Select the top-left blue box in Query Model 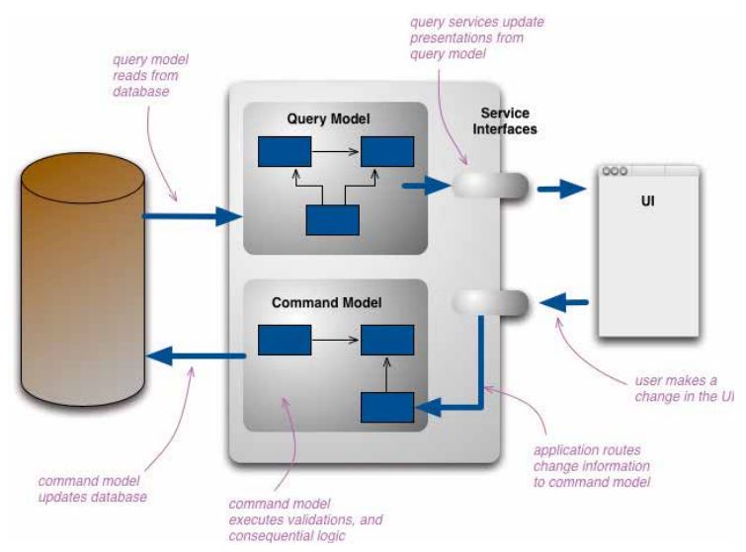tap(284, 152)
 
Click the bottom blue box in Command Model tap(385, 408)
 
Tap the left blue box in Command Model tap(284, 341)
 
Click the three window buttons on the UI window tap(616, 170)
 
